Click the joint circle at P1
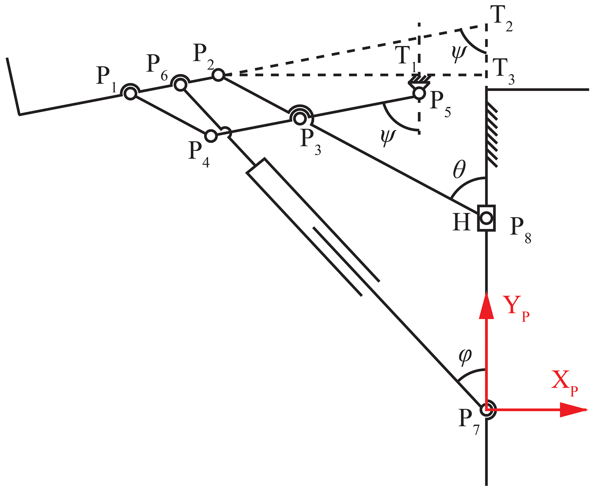130,93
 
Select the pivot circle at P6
180,85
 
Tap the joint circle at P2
218,75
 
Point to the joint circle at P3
300,118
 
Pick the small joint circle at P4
211,136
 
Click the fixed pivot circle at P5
419,93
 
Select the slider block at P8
486,218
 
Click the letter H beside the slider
461,222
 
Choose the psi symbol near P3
388,137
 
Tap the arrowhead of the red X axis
573,410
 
